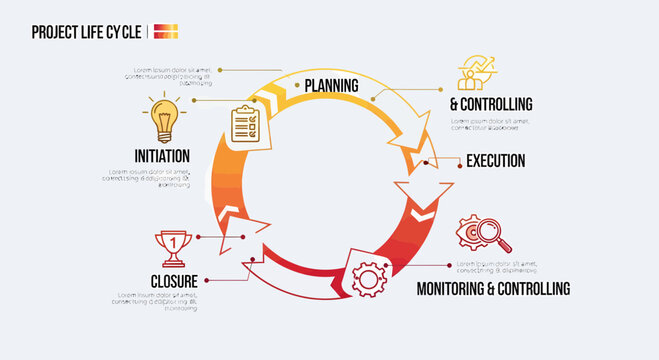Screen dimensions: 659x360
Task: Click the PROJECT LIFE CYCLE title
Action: coord(86,31)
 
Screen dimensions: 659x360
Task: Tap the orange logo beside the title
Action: coord(166,31)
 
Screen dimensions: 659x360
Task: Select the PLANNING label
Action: coord(331,85)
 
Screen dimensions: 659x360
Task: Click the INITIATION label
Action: coord(162,156)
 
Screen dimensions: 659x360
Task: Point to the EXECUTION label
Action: coord(495,160)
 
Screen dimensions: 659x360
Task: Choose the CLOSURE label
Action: coord(174,281)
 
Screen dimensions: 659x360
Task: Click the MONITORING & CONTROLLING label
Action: coord(493,288)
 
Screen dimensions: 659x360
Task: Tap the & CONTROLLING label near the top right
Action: coord(490,104)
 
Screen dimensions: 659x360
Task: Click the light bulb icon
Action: coord(162,118)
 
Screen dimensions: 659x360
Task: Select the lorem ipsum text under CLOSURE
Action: coord(158,301)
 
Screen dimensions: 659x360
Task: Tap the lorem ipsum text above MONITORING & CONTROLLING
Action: coord(496,267)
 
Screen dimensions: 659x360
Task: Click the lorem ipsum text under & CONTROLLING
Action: coord(490,124)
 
